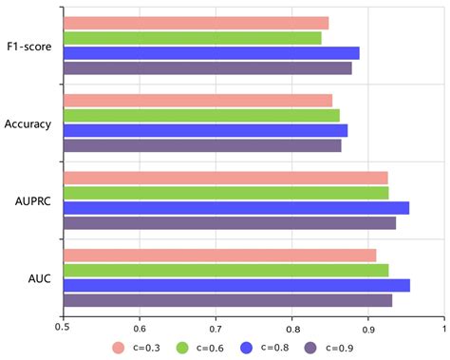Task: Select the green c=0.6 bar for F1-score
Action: click(192, 38)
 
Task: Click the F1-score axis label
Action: click(29, 46)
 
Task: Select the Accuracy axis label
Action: click(28, 123)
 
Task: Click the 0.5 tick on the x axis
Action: click(63, 328)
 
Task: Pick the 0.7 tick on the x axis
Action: click(216, 328)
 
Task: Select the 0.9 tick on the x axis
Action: click(367, 328)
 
